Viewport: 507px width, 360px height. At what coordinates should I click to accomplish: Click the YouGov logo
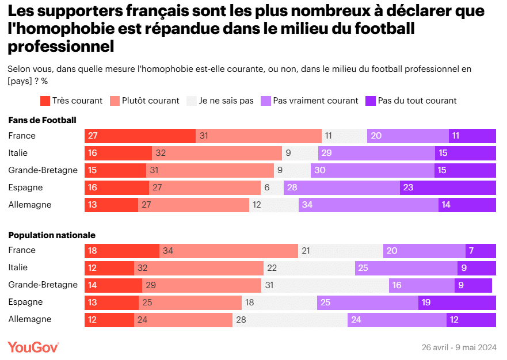[x=33, y=347]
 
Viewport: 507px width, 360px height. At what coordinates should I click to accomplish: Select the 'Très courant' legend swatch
[x=45, y=101]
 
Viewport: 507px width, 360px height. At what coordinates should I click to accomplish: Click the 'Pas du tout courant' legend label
[x=417, y=101]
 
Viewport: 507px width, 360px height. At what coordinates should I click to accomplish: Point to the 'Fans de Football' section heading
[x=43, y=120]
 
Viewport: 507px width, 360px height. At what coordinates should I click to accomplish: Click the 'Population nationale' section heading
[x=52, y=235]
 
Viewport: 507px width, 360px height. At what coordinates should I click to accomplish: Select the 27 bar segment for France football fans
[x=140, y=136]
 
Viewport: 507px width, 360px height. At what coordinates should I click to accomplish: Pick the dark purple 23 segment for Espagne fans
[x=448, y=187]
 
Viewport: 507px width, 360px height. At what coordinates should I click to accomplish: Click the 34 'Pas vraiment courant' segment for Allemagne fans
[x=368, y=205]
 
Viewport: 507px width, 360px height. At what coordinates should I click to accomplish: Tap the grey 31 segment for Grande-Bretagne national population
[x=323, y=285]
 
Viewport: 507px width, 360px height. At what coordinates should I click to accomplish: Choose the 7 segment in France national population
[x=481, y=250]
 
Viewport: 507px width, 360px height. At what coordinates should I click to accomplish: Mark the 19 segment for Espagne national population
[x=457, y=302]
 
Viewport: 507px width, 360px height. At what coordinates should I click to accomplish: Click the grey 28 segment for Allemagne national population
[x=290, y=319]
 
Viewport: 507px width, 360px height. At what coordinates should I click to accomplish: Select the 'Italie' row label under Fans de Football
[x=18, y=153]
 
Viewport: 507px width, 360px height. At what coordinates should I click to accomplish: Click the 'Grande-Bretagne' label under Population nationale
[x=43, y=285]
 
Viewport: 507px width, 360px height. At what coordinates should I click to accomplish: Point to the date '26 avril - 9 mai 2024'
[x=459, y=347]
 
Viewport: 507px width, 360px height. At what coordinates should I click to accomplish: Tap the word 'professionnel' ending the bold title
[x=61, y=45]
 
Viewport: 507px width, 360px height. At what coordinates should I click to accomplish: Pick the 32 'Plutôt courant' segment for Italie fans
[x=217, y=153]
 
